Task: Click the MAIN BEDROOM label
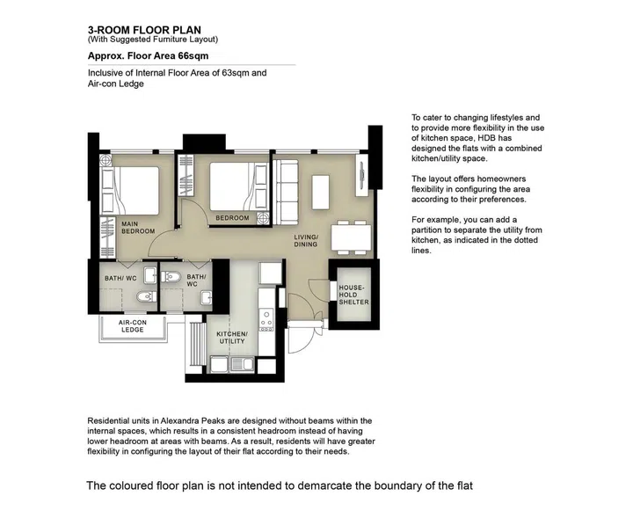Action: (138, 228)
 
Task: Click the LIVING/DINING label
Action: (306, 240)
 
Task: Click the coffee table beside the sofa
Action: (320, 191)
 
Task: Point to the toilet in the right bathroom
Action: (172, 280)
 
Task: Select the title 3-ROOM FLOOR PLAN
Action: (144, 29)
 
